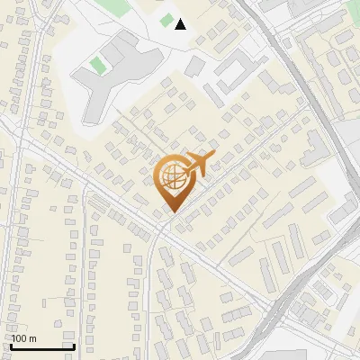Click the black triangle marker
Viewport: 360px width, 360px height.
click(x=181, y=24)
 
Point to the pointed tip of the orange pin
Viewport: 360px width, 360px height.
click(x=171, y=211)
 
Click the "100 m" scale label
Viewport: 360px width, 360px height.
click(x=24, y=338)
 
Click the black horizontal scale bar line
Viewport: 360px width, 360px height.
click(x=42, y=346)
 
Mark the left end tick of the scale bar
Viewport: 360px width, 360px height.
click(x=11, y=346)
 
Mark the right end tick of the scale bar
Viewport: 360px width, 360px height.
click(x=74, y=346)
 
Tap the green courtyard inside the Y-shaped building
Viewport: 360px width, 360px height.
click(x=97, y=65)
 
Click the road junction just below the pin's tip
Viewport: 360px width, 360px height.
click(x=163, y=225)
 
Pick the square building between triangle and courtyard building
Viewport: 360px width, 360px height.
click(x=196, y=66)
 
